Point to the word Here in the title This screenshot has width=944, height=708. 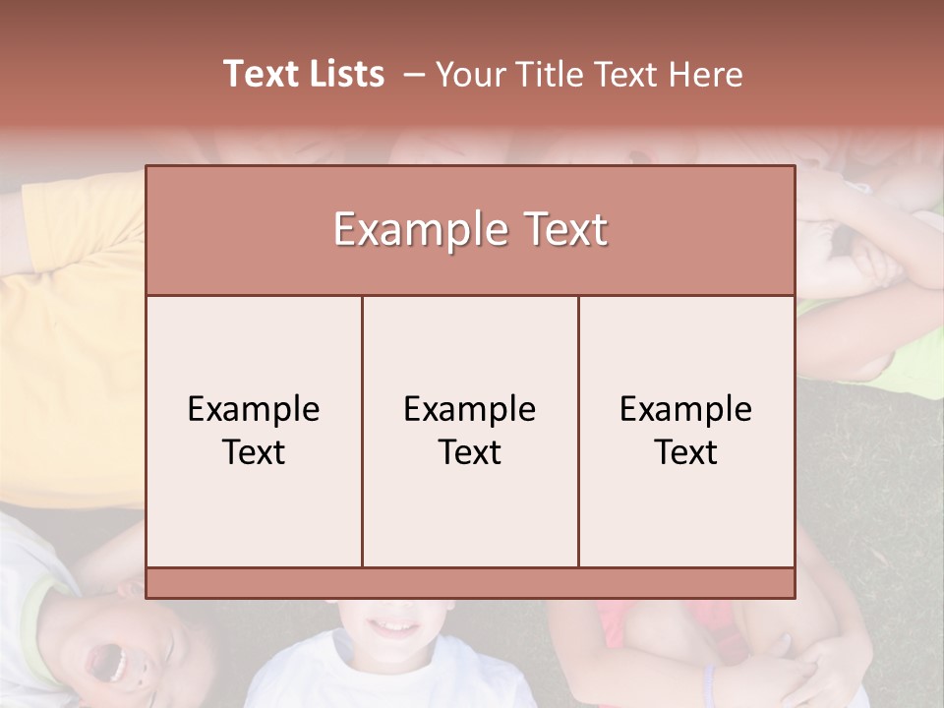click(705, 75)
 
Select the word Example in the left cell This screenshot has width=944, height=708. click(254, 409)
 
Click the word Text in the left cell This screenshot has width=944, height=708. click(254, 452)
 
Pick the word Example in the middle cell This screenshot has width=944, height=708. click(470, 409)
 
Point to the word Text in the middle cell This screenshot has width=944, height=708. click(470, 452)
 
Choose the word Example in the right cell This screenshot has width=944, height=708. click(686, 409)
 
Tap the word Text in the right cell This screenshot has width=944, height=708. click(686, 452)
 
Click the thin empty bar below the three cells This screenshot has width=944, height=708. click(470, 583)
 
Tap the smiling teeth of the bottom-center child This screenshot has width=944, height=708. click(398, 626)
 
